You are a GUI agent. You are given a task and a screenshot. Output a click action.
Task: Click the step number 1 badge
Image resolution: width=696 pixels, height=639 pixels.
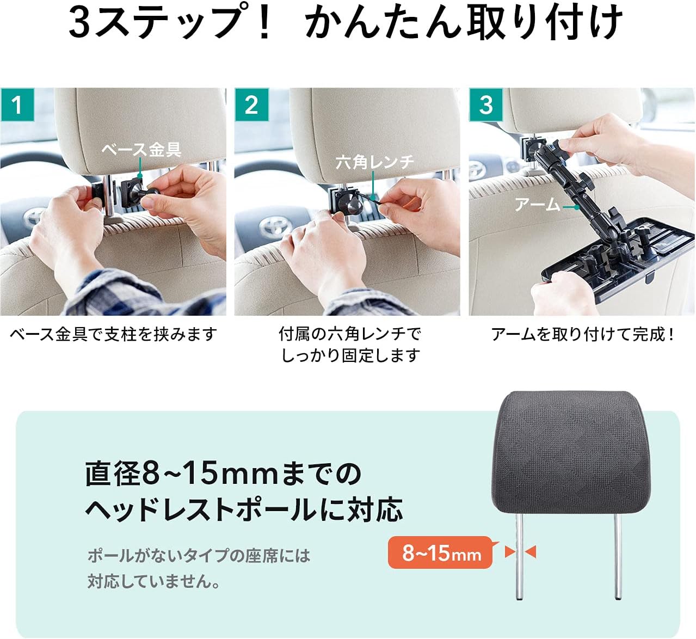[x=17, y=105]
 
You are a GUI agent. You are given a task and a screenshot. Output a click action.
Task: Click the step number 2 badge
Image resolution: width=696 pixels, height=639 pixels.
[x=251, y=105]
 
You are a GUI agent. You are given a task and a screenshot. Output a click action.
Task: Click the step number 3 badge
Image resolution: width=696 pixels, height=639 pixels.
[x=485, y=105]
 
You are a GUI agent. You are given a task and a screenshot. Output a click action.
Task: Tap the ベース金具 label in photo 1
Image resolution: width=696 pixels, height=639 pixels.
[x=141, y=149]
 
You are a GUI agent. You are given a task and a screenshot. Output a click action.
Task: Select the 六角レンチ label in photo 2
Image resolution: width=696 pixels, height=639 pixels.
[x=375, y=162]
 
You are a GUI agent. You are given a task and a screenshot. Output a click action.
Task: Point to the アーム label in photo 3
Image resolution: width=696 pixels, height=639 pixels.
[x=538, y=205]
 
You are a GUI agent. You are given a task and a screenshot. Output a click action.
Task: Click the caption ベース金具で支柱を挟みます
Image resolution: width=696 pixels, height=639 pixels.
[x=113, y=334]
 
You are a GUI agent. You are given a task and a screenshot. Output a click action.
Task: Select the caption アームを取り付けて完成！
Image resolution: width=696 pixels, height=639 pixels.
[x=583, y=334]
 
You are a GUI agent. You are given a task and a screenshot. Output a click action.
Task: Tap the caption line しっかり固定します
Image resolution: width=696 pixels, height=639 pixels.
[x=350, y=355]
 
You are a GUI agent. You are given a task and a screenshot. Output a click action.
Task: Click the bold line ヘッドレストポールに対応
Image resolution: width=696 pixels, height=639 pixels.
[x=244, y=509]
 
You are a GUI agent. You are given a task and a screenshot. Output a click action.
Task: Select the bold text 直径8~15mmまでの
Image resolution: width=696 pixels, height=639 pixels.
[x=223, y=474]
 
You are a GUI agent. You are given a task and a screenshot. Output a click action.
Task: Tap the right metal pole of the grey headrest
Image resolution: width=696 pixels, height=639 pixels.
[x=618, y=555]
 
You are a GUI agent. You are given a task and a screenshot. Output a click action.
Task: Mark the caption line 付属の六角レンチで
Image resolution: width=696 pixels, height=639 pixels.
[x=350, y=334]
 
